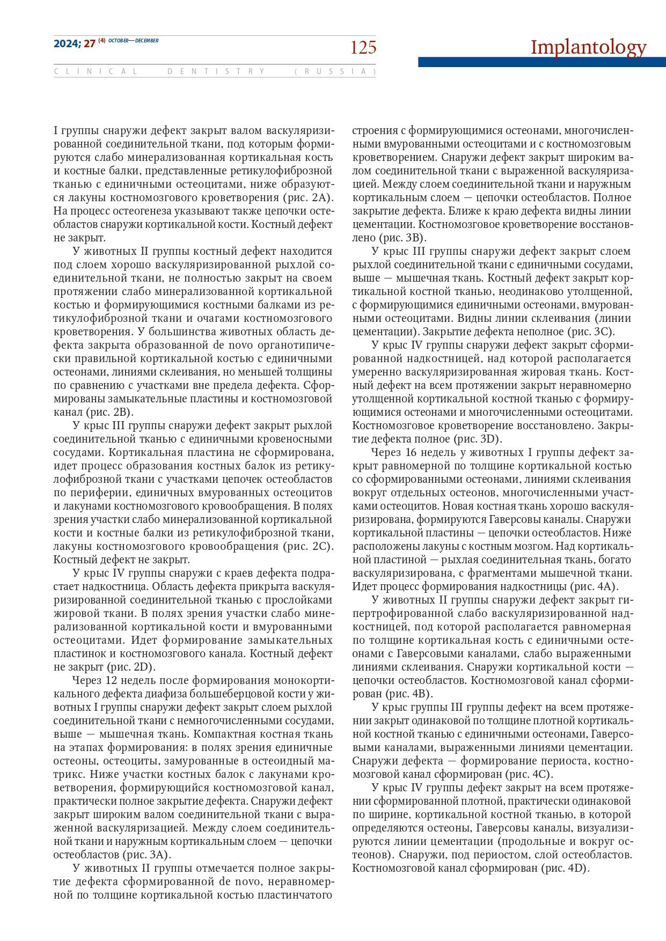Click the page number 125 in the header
[x=363, y=48]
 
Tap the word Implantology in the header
[x=588, y=47]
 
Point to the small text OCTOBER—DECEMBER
[x=133, y=41]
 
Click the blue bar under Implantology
[x=541, y=62]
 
